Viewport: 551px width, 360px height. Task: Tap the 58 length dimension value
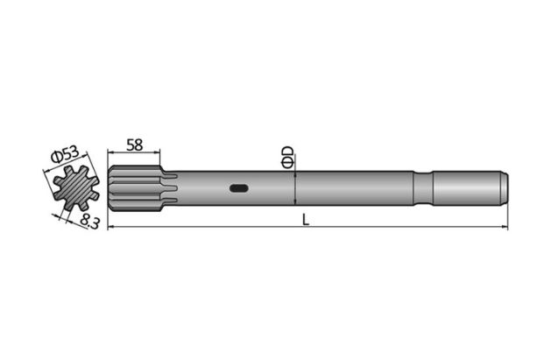point(135,145)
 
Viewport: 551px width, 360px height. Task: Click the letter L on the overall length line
point(306,220)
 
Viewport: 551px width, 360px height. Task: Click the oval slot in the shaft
point(239,187)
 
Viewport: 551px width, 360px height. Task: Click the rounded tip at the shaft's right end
point(505,187)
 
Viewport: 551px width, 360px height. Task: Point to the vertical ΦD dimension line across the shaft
point(297,187)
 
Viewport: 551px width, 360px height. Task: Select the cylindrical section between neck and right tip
point(464,187)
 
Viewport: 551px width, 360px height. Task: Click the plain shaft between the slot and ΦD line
point(272,187)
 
